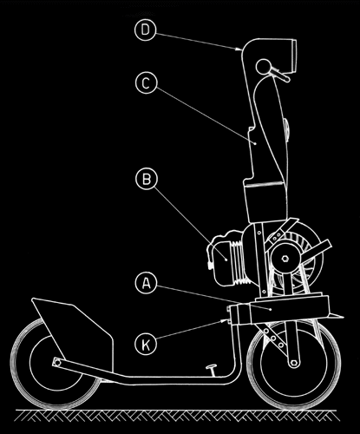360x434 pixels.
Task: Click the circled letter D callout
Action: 146,30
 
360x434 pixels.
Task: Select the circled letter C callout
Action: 146,83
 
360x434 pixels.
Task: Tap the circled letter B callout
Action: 147,179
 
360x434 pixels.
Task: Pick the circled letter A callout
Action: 147,284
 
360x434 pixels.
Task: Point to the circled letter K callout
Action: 146,345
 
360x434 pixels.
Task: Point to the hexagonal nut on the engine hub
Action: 285,259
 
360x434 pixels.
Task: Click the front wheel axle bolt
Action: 294,363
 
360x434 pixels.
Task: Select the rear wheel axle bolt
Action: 57,362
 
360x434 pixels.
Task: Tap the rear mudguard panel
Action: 72,332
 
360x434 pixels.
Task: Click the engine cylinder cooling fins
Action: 239,261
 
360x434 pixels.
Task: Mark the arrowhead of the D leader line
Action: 239,49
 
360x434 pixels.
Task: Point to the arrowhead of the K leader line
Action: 224,320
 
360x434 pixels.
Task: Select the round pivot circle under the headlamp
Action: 263,67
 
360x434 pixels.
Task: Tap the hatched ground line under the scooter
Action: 176,415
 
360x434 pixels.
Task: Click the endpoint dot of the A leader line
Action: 270,309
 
